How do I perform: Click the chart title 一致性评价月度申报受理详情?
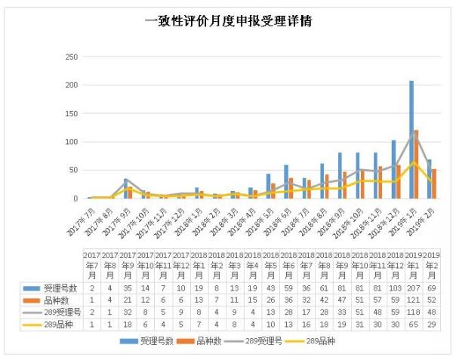pos(228,22)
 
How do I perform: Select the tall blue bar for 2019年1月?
pos(411,140)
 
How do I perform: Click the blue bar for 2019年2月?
pos(430,179)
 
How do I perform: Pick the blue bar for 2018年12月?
pos(393,169)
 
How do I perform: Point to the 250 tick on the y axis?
pos(72,57)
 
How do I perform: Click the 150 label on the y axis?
pos(72,114)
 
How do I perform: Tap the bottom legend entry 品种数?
pos(204,341)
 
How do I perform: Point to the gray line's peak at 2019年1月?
pos(414,132)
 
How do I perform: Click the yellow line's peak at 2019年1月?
pos(414,162)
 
